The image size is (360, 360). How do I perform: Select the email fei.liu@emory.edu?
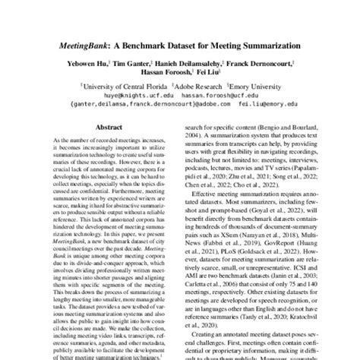coord(254,105)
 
